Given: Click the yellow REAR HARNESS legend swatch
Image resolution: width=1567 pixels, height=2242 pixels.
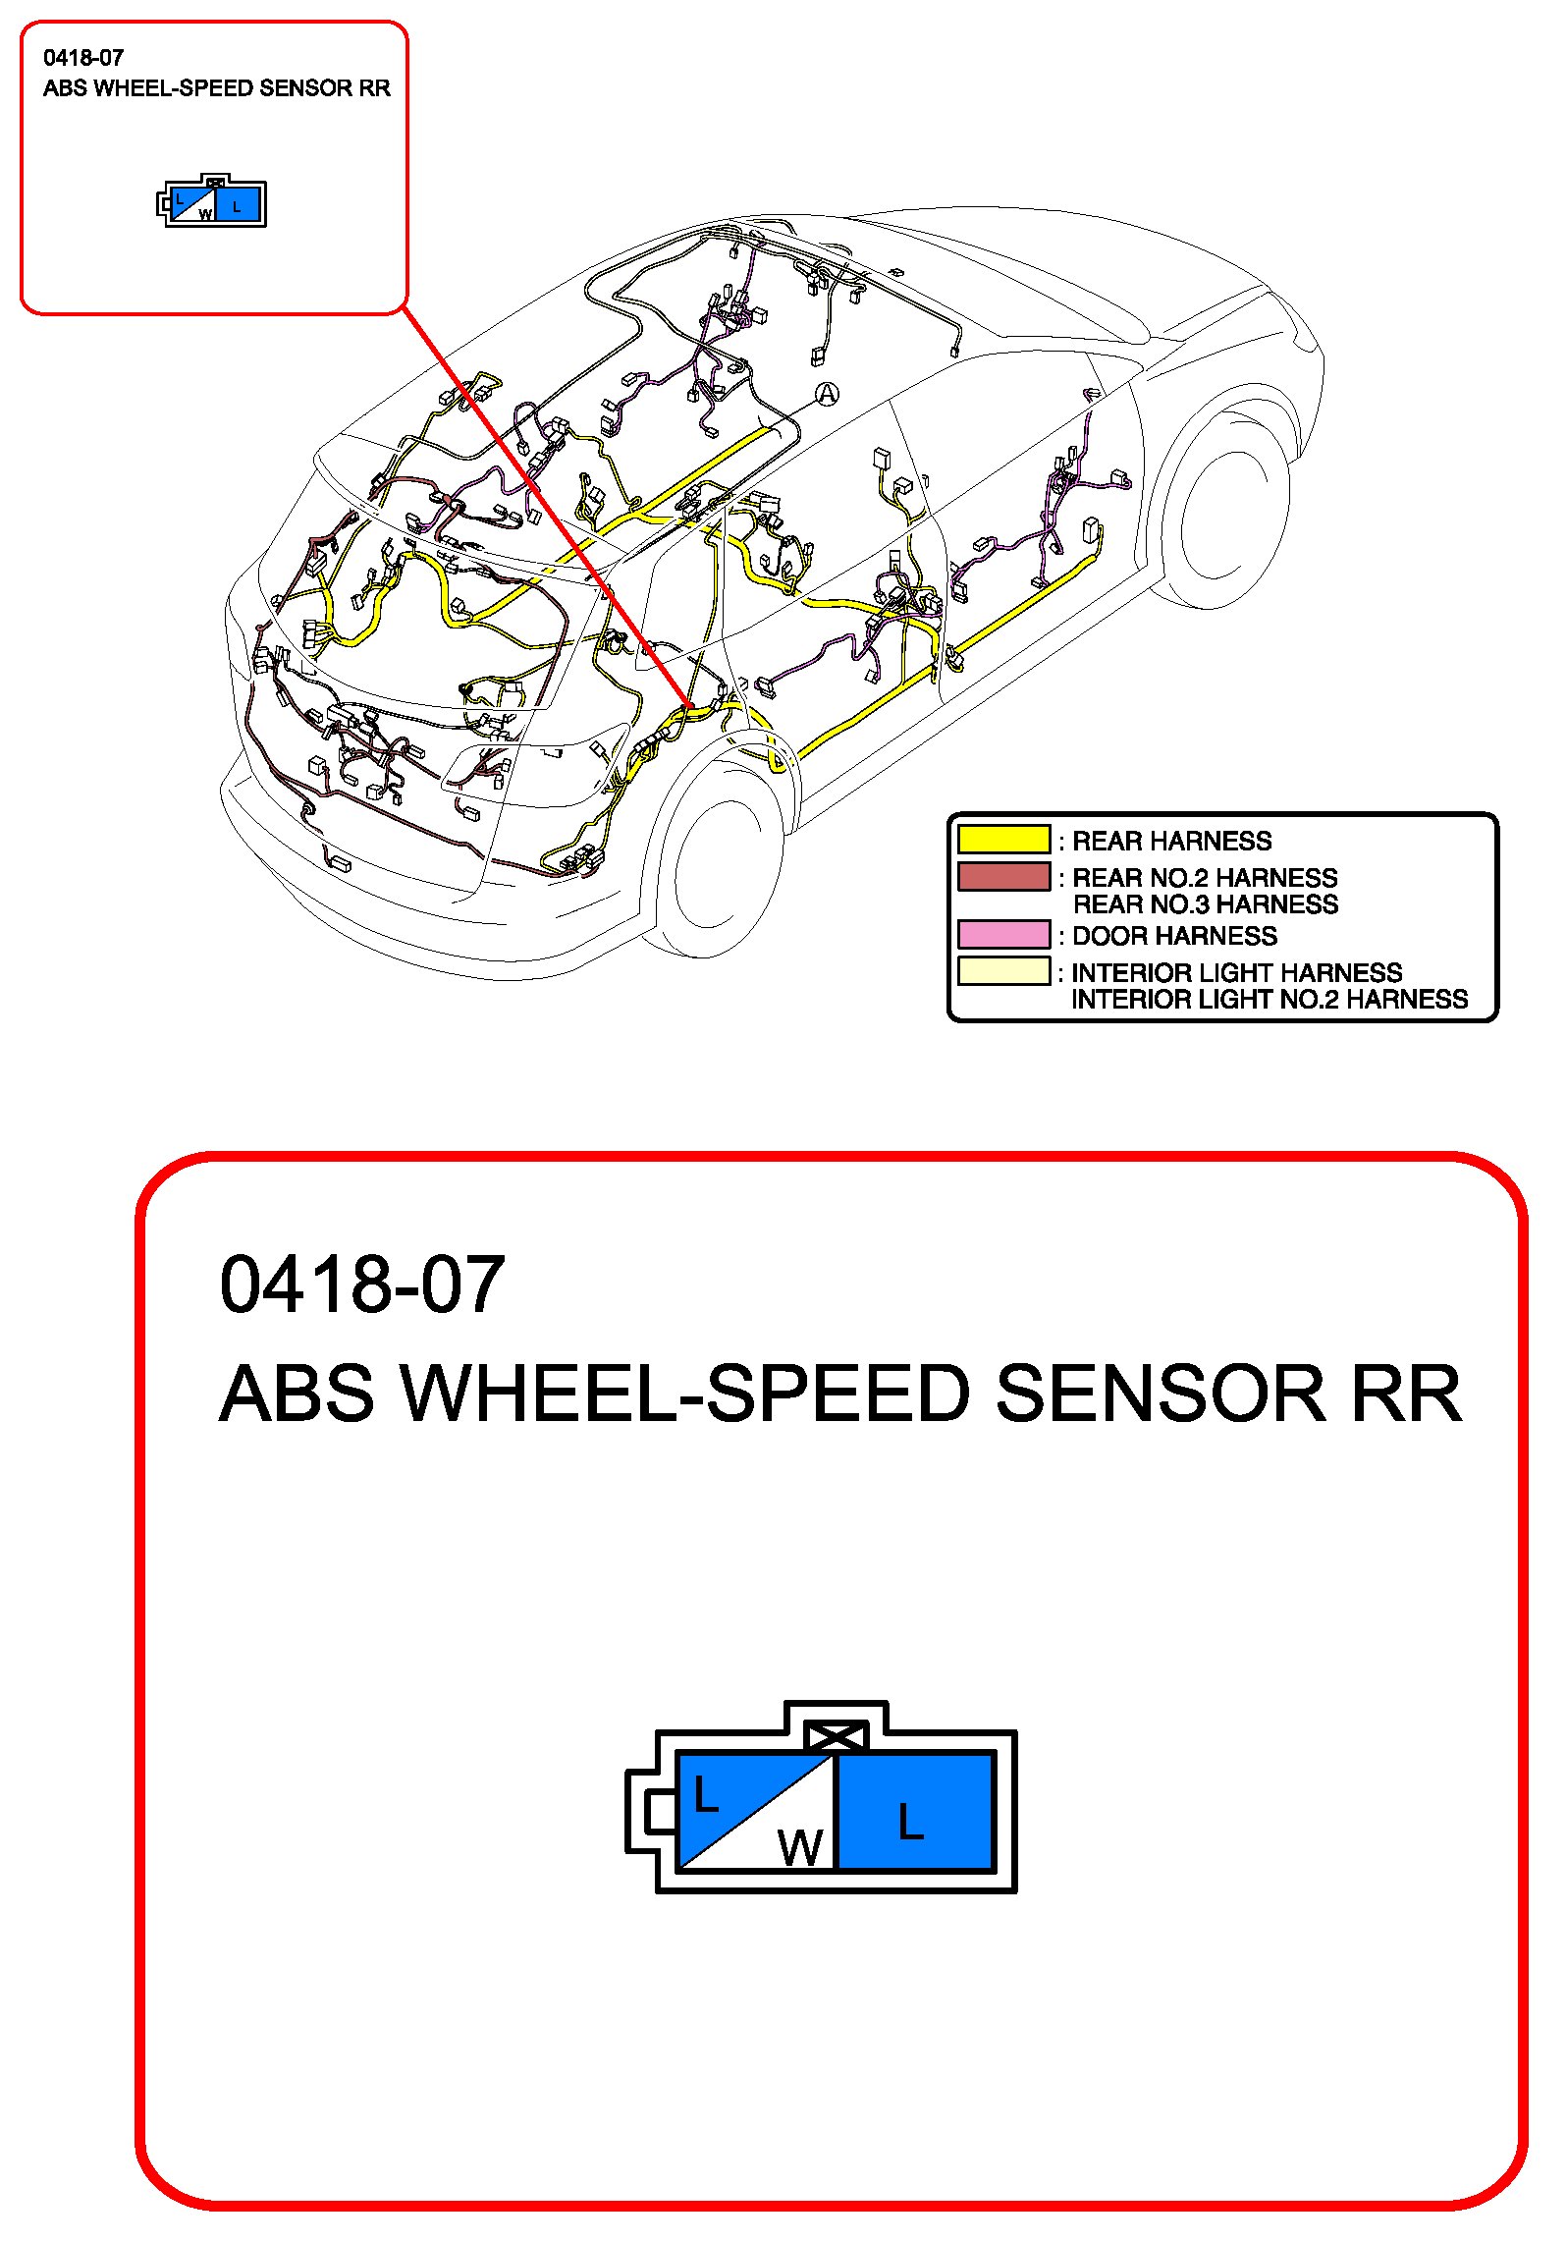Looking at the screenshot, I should coord(1003,840).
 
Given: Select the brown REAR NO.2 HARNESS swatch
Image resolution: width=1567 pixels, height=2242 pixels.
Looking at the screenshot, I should coord(1003,876).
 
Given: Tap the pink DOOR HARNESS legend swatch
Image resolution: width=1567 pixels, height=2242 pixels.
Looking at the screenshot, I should coord(1003,934).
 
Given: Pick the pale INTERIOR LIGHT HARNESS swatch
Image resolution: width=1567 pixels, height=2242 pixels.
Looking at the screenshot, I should coord(1003,971).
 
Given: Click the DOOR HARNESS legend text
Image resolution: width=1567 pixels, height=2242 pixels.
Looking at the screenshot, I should coord(1174,936).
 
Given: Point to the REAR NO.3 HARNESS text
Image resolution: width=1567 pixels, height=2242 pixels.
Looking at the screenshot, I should coord(1206,904).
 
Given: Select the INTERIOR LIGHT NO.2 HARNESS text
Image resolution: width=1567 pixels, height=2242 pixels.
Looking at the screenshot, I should coord(1269,1000).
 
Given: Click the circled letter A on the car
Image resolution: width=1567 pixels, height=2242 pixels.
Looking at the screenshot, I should coord(828,395).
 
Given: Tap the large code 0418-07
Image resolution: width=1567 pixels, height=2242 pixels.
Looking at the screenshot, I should coord(362,1285).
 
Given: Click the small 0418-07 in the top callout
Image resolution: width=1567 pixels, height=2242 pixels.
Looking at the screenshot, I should coord(83,58).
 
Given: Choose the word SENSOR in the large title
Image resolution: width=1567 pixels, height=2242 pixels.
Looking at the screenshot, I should coord(1161,1394).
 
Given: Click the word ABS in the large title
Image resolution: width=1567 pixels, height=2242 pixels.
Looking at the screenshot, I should coord(297,1394).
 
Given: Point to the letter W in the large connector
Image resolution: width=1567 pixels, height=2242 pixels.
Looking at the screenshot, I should coord(799,1848).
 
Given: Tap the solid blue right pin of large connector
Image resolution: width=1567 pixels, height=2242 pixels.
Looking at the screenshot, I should coord(913,1812).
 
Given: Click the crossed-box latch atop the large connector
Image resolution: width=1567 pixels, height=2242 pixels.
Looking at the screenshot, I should coord(836,1737).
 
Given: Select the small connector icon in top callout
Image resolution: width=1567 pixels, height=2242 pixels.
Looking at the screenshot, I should coord(212,203).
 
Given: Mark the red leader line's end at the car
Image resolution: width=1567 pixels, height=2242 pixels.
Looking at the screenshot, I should coord(689,705).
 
